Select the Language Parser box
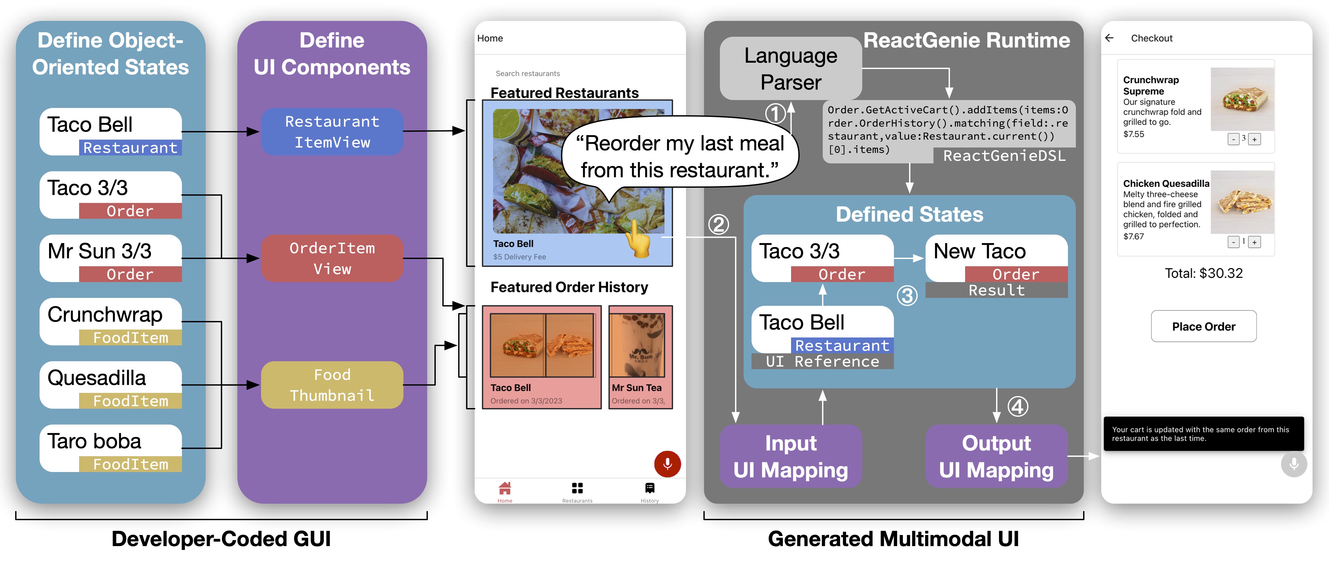point(790,69)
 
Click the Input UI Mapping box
point(790,456)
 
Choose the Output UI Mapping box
point(996,456)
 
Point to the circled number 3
point(907,295)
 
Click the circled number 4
point(1017,406)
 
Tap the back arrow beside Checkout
point(1109,38)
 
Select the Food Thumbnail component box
point(332,385)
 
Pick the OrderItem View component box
point(332,258)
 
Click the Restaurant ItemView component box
point(332,132)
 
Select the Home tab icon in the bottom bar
point(505,488)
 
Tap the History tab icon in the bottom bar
point(650,488)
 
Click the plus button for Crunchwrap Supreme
point(1254,139)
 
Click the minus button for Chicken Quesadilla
point(1233,242)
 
